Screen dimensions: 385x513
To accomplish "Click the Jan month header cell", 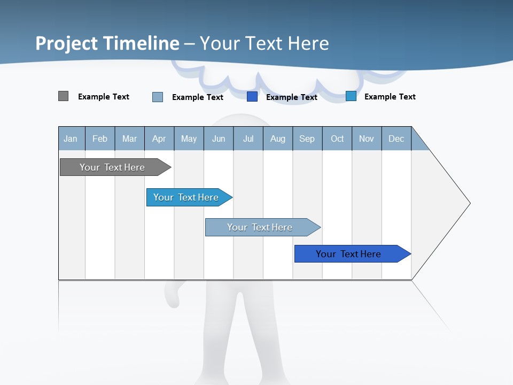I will tap(71, 138).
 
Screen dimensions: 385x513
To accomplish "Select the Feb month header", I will tap(100, 138).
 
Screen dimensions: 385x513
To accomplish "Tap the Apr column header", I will tap(159, 138).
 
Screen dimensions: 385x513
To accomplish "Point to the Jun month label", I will tap(219, 138).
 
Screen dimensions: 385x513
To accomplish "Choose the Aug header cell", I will tap(278, 138).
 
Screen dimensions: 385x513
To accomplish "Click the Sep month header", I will tap(307, 138).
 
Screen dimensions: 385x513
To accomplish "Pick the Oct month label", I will tap(337, 138).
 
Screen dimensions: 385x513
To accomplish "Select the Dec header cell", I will tap(397, 138).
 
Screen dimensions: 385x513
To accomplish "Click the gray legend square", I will tap(64, 96).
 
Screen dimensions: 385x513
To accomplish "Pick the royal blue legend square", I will tap(252, 97).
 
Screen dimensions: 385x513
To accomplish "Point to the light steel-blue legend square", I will tap(158, 97).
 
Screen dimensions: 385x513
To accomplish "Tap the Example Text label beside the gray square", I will tap(104, 97).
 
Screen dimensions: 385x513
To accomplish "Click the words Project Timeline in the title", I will tap(107, 43).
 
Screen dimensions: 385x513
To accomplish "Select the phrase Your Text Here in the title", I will tap(265, 43).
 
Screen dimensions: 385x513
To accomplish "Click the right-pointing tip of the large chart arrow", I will tap(467, 203).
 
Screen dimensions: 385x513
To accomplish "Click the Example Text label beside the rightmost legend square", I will tap(390, 97).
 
